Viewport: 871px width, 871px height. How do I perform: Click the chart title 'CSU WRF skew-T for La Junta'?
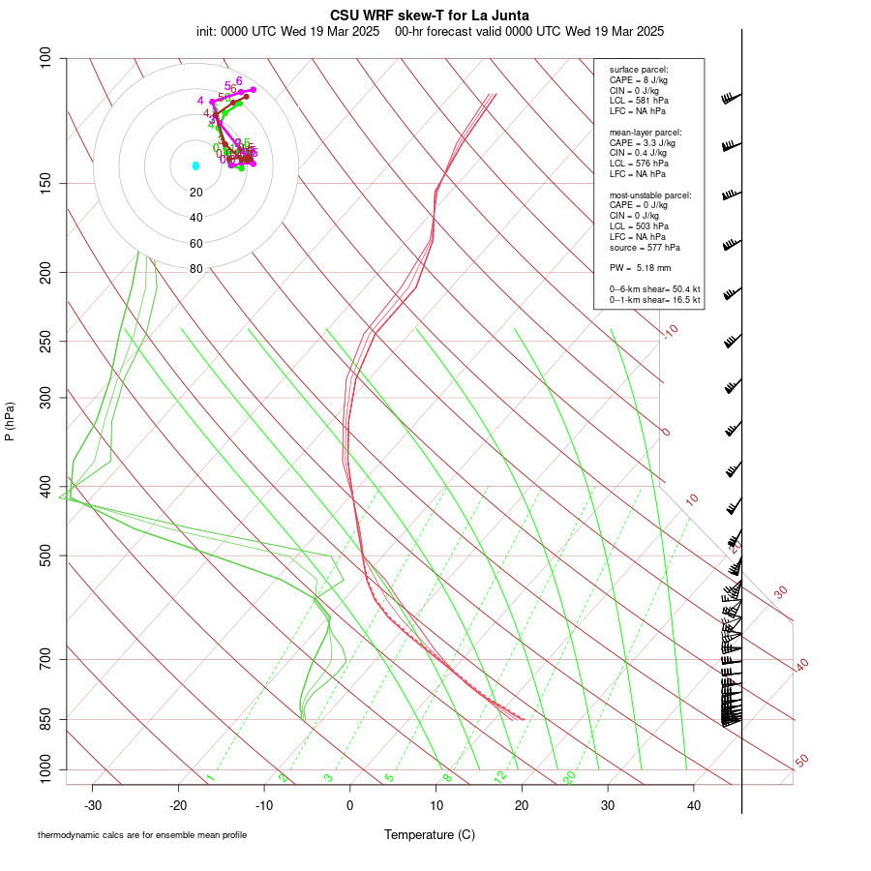point(430,15)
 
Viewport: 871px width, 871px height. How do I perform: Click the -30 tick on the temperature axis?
point(93,805)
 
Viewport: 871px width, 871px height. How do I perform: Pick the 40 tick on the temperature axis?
point(694,805)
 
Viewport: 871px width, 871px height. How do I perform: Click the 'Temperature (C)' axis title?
point(430,834)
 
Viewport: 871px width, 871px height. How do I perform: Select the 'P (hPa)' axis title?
point(10,422)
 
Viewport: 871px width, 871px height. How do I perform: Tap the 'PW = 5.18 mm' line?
point(640,267)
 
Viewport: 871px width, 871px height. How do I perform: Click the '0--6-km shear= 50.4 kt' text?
point(654,289)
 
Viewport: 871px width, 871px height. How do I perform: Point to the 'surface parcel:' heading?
point(639,70)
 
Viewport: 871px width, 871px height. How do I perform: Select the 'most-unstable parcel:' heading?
point(650,195)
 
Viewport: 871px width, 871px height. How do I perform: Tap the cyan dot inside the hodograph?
point(195,165)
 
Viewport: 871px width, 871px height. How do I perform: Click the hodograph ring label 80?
point(196,269)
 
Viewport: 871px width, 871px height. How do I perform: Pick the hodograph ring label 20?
point(196,193)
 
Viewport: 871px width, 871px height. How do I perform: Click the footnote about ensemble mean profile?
point(142,834)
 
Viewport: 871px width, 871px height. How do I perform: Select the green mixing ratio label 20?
point(569,776)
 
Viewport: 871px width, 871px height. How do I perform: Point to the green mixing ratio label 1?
point(210,778)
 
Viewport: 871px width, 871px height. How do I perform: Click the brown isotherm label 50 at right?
point(801,762)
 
